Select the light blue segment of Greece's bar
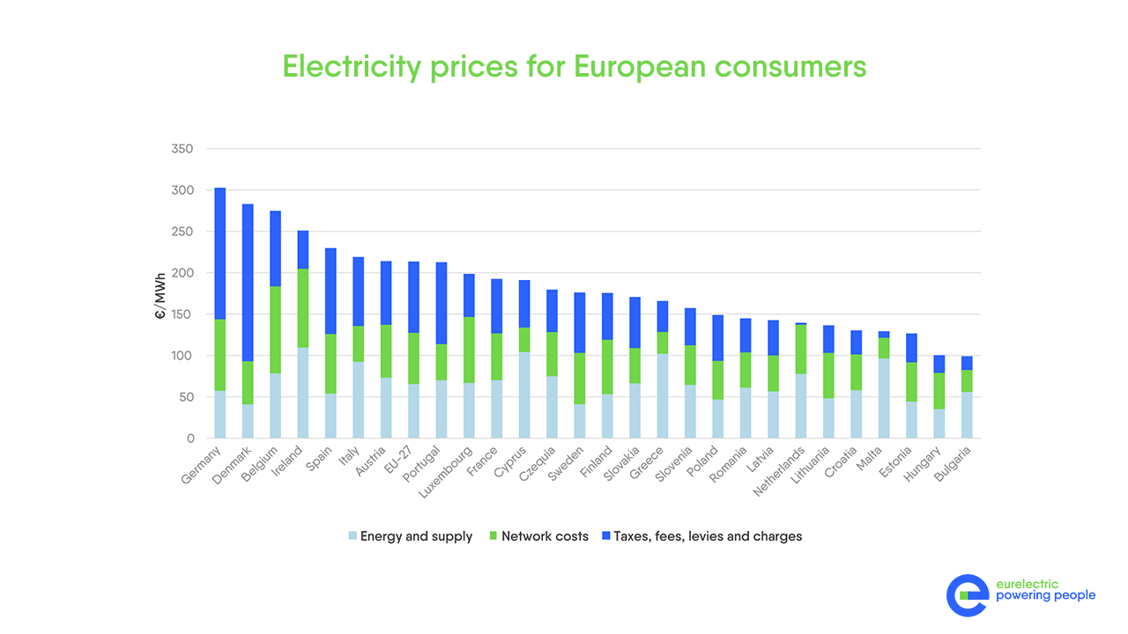(x=662, y=396)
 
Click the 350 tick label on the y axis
(x=182, y=149)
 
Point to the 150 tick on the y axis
(x=182, y=314)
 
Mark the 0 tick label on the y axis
(x=189, y=439)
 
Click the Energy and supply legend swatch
(x=352, y=536)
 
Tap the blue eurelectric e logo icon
(x=968, y=595)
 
